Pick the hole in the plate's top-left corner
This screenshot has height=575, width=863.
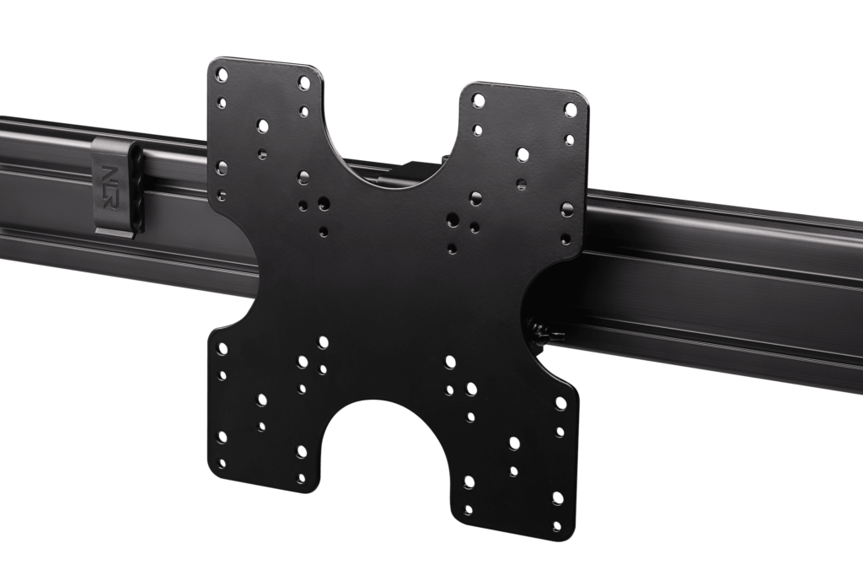tap(222, 73)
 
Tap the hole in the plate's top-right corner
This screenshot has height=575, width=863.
tap(570, 109)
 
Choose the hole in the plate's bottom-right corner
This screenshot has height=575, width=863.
tap(555, 498)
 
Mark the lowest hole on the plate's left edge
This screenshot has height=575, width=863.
tap(222, 463)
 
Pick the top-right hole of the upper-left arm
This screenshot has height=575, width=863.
tap(304, 83)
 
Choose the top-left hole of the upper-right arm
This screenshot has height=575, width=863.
tap(479, 99)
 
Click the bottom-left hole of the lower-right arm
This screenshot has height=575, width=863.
tap(469, 483)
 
